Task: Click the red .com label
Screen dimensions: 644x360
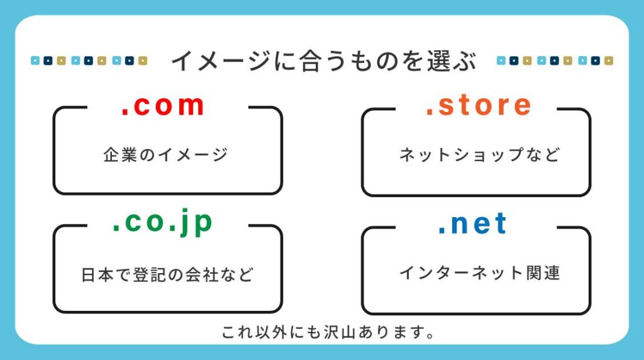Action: click(x=163, y=105)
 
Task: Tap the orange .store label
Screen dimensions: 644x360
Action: click(x=479, y=105)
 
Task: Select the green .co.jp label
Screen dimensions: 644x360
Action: click(x=163, y=222)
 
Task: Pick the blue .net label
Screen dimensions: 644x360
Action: click(x=472, y=224)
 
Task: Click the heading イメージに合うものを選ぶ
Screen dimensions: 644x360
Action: click(x=324, y=61)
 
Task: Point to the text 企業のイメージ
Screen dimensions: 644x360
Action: click(x=165, y=155)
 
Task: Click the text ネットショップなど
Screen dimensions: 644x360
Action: click(x=479, y=155)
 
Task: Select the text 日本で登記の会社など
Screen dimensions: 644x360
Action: click(x=167, y=274)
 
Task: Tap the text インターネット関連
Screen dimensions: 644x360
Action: click(x=479, y=273)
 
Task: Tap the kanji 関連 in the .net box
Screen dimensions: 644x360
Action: click(x=543, y=273)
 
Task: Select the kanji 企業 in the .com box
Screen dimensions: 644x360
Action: click(x=119, y=155)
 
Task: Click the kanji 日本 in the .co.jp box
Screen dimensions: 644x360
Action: click(x=97, y=274)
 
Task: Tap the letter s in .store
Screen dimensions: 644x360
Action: click(x=446, y=106)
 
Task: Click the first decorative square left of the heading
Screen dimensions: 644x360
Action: click(x=35, y=61)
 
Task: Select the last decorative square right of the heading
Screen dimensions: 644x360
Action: click(x=609, y=61)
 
